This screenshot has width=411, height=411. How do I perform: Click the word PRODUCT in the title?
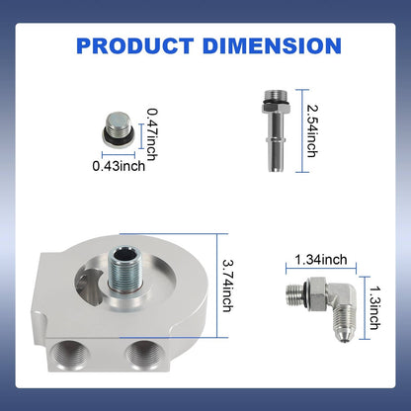(134, 45)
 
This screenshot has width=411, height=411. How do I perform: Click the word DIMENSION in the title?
(272, 45)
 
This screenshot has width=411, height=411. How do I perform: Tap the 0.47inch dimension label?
(152, 134)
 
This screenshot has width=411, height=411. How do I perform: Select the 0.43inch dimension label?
(119, 166)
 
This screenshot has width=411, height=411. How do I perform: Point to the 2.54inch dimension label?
(312, 130)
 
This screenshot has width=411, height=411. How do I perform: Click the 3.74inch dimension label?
(228, 286)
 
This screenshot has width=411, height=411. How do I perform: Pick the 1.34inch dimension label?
(321, 260)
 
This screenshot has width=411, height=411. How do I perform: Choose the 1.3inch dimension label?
(374, 308)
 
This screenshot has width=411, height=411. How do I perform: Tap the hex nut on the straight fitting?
(276, 108)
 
